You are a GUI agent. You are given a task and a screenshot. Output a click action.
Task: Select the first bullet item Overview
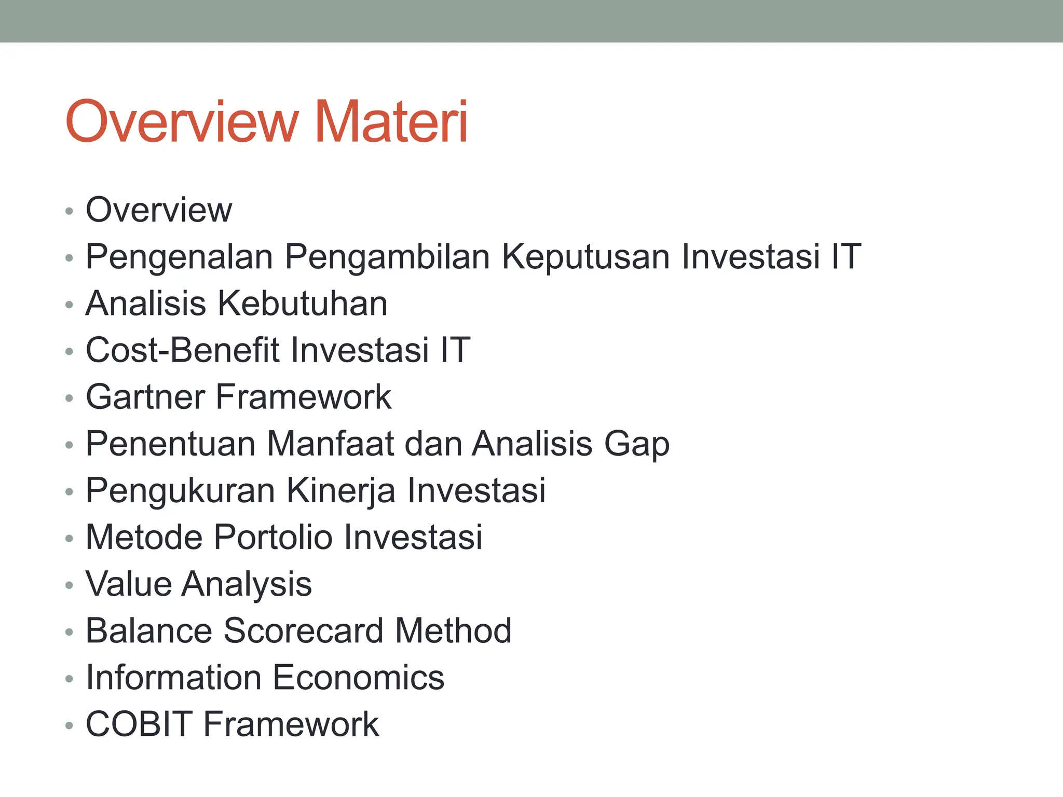click(159, 210)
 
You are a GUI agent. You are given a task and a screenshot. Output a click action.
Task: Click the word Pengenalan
click(179, 257)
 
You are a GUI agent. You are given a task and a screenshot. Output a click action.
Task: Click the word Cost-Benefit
click(182, 350)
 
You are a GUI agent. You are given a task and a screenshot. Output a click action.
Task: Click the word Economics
click(358, 678)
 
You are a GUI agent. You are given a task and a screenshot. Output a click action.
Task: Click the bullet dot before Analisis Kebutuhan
click(70, 305)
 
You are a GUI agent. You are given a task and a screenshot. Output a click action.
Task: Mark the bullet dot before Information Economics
click(70, 679)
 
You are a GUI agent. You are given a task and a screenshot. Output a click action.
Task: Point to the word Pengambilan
click(387, 258)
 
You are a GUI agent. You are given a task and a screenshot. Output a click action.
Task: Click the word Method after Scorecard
click(453, 631)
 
